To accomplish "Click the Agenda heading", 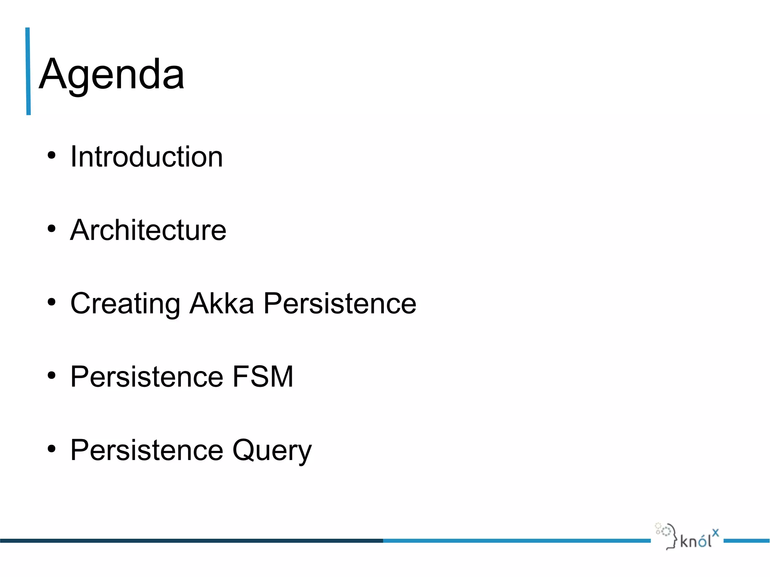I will [x=112, y=74].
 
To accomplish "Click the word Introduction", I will [x=147, y=157].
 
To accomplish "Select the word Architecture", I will [x=148, y=230].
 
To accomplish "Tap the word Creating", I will [x=125, y=304].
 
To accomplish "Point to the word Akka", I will [x=221, y=303].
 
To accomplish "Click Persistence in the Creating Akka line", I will [x=340, y=303].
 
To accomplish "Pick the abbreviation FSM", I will [x=263, y=376].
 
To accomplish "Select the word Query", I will [x=272, y=450].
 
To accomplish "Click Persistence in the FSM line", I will [x=147, y=376].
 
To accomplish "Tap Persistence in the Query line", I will [x=147, y=450].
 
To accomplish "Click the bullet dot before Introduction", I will [x=52, y=155].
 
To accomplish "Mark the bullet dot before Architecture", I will [x=52, y=228].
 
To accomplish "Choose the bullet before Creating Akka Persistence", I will [x=52, y=302].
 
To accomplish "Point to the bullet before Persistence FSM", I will [x=52, y=375].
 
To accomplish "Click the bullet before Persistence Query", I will [x=52, y=448].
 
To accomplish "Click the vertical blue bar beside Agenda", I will [x=28, y=71].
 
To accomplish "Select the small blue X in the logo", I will [x=715, y=532].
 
